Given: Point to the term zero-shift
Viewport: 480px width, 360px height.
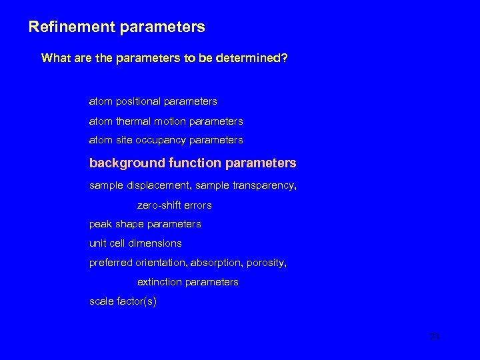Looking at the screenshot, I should pyautogui.click(x=157, y=205).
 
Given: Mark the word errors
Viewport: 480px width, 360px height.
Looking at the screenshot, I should pyautogui.click(x=196, y=205).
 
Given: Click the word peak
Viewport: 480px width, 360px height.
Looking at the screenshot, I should pyautogui.click(x=100, y=224).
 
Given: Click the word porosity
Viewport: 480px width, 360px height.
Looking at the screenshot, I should pyautogui.click(x=267, y=263).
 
